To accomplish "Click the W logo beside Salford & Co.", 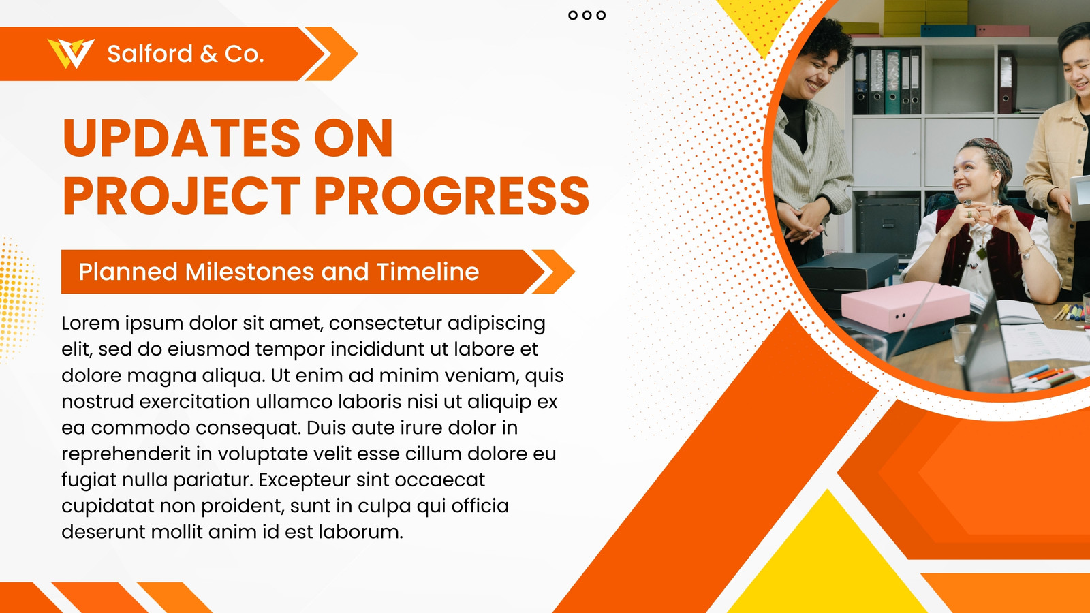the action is pyautogui.click(x=71, y=54).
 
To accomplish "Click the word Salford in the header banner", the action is pyautogui.click(x=150, y=54).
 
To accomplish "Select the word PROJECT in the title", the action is pyautogui.click(x=181, y=196).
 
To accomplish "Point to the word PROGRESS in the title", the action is pyautogui.click(x=452, y=196).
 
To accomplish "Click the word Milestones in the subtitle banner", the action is pyautogui.click(x=249, y=272).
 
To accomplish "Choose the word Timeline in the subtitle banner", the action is pyautogui.click(x=428, y=272).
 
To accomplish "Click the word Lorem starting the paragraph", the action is pyautogui.click(x=91, y=323).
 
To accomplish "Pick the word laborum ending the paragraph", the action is pyautogui.click(x=360, y=532).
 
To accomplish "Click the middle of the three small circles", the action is pyautogui.click(x=587, y=15).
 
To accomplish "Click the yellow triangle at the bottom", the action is pyautogui.click(x=827, y=565).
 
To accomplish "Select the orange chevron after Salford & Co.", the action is pyautogui.click(x=332, y=54).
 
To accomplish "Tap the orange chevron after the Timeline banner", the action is pyautogui.click(x=554, y=272).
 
